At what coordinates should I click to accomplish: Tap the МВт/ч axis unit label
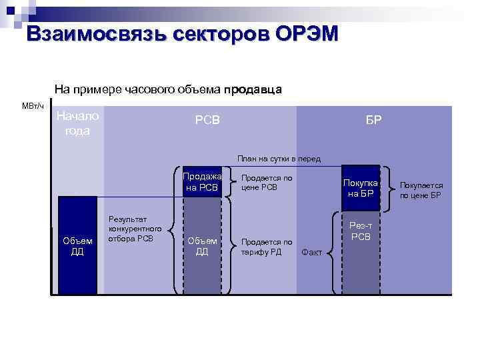click(x=33, y=106)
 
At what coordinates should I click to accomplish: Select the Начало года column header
click(x=77, y=123)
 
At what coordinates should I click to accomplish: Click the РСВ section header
click(x=207, y=120)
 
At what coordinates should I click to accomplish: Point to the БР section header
click(x=373, y=120)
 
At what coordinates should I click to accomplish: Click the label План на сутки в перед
click(x=279, y=159)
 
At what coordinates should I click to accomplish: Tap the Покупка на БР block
click(x=361, y=188)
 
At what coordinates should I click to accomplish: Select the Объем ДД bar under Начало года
click(x=77, y=246)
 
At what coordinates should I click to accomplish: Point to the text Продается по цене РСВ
click(x=266, y=183)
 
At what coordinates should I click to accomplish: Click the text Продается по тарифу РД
click(x=266, y=247)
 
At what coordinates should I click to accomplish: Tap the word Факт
click(x=312, y=252)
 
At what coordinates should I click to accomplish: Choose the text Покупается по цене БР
click(x=421, y=190)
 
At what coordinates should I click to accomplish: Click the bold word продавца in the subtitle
click(x=253, y=89)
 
